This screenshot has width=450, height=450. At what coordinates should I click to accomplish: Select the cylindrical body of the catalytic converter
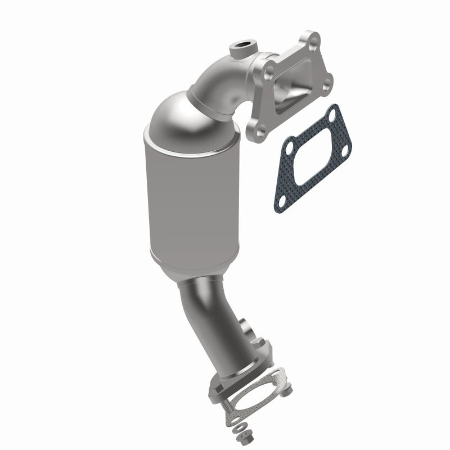188,202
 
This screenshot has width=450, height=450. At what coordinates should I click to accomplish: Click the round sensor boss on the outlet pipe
246,326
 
